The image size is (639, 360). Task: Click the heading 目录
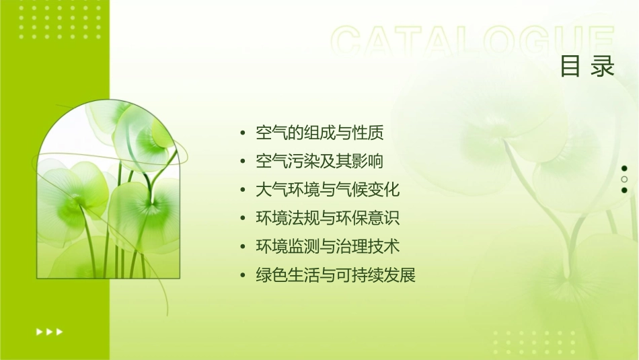click(587, 67)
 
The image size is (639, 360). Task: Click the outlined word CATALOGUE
click(472, 42)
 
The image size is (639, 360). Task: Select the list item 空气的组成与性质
click(319, 133)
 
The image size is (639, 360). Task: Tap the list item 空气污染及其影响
click(319, 161)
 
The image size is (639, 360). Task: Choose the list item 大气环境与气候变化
click(328, 190)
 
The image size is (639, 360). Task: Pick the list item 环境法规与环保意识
click(328, 218)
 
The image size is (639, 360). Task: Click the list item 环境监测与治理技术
click(328, 246)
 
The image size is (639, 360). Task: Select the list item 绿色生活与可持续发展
click(336, 275)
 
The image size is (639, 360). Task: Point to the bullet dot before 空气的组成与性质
click(243, 134)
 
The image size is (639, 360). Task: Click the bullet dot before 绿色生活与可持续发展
click(243, 276)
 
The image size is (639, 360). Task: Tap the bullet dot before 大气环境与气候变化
click(243, 190)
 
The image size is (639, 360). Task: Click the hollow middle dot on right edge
click(624, 179)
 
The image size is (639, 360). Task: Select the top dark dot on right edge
click(624, 168)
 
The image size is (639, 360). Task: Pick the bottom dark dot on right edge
click(624, 190)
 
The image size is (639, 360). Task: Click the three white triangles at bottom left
click(50, 331)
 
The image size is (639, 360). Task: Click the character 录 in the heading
click(603, 67)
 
